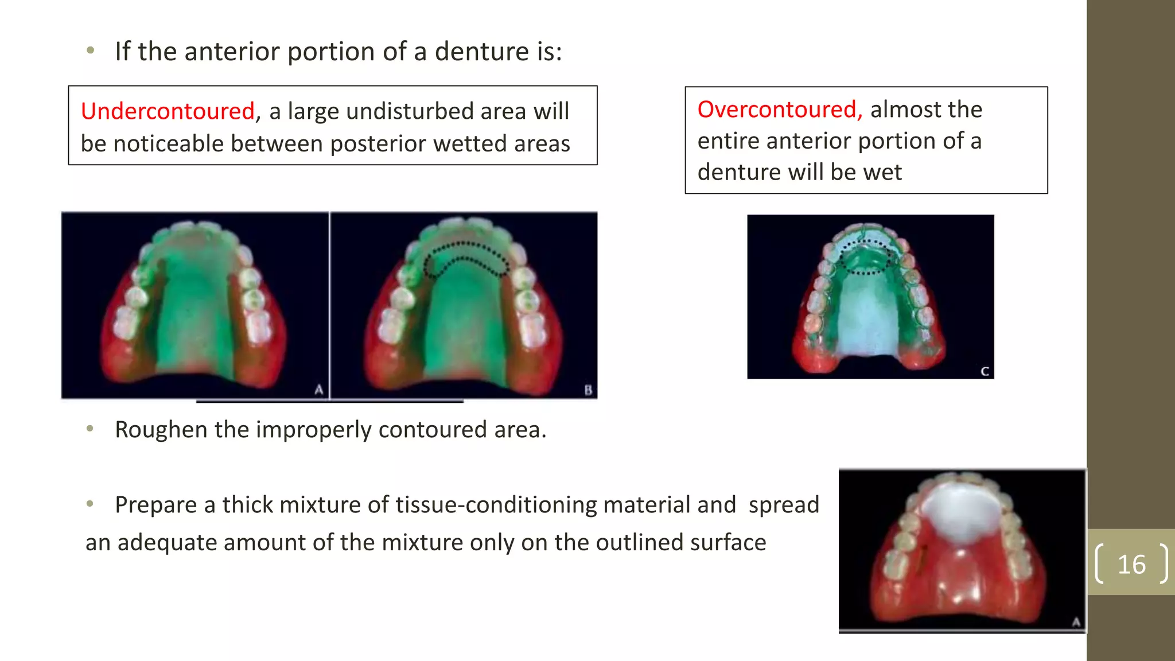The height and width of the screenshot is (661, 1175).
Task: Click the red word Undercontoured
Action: click(x=167, y=111)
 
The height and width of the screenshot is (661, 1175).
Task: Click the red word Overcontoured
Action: click(x=780, y=110)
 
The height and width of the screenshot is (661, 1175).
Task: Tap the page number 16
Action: click(x=1131, y=565)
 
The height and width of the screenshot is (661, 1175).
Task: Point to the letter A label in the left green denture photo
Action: click(x=319, y=390)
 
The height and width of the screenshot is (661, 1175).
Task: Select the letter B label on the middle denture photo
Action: click(x=588, y=390)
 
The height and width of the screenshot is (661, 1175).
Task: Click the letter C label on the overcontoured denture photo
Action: click(x=985, y=371)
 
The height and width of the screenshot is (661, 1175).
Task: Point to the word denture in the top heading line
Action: click(x=481, y=52)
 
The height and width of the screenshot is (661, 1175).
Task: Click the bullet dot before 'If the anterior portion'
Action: click(x=90, y=50)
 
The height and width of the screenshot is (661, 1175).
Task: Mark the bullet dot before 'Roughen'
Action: click(x=90, y=429)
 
